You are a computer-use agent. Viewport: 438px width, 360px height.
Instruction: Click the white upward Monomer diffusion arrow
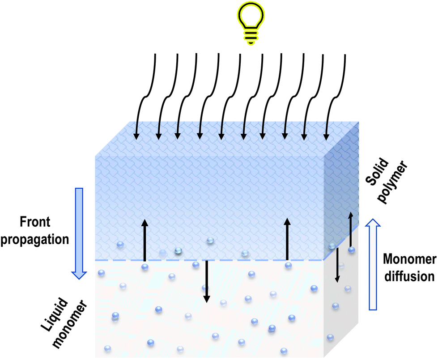tap(373, 264)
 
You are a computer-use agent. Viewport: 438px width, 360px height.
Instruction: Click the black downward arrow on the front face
tap(206, 281)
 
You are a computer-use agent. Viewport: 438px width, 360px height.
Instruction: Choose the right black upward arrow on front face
tap(287, 240)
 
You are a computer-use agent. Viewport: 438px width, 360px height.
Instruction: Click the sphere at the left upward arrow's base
tap(145, 267)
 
